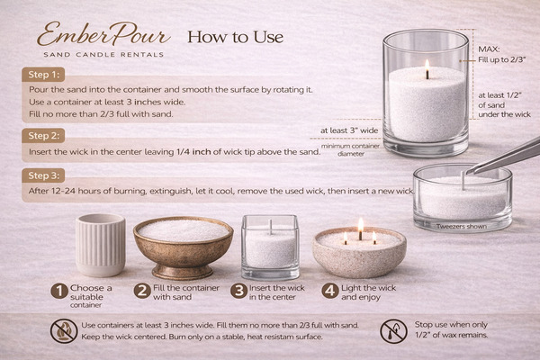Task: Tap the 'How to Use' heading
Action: pyautogui.click(x=234, y=37)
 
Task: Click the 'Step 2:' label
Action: pyautogui.click(x=43, y=136)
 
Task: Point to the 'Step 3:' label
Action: pyautogui.click(x=43, y=175)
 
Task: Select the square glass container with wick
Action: pyautogui.click(x=270, y=247)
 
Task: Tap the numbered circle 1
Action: pyautogui.click(x=59, y=291)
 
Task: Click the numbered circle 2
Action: pyautogui.click(x=142, y=291)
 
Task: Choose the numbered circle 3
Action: pyautogui.click(x=239, y=291)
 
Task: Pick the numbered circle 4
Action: pyautogui.click(x=330, y=291)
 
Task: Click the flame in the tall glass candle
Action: pyautogui.click(x=427, y=66)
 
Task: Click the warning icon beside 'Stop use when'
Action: pyautogui.click(x=393, y=330)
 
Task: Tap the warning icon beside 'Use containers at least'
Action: pyautogui.click(x=63, y=330)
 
